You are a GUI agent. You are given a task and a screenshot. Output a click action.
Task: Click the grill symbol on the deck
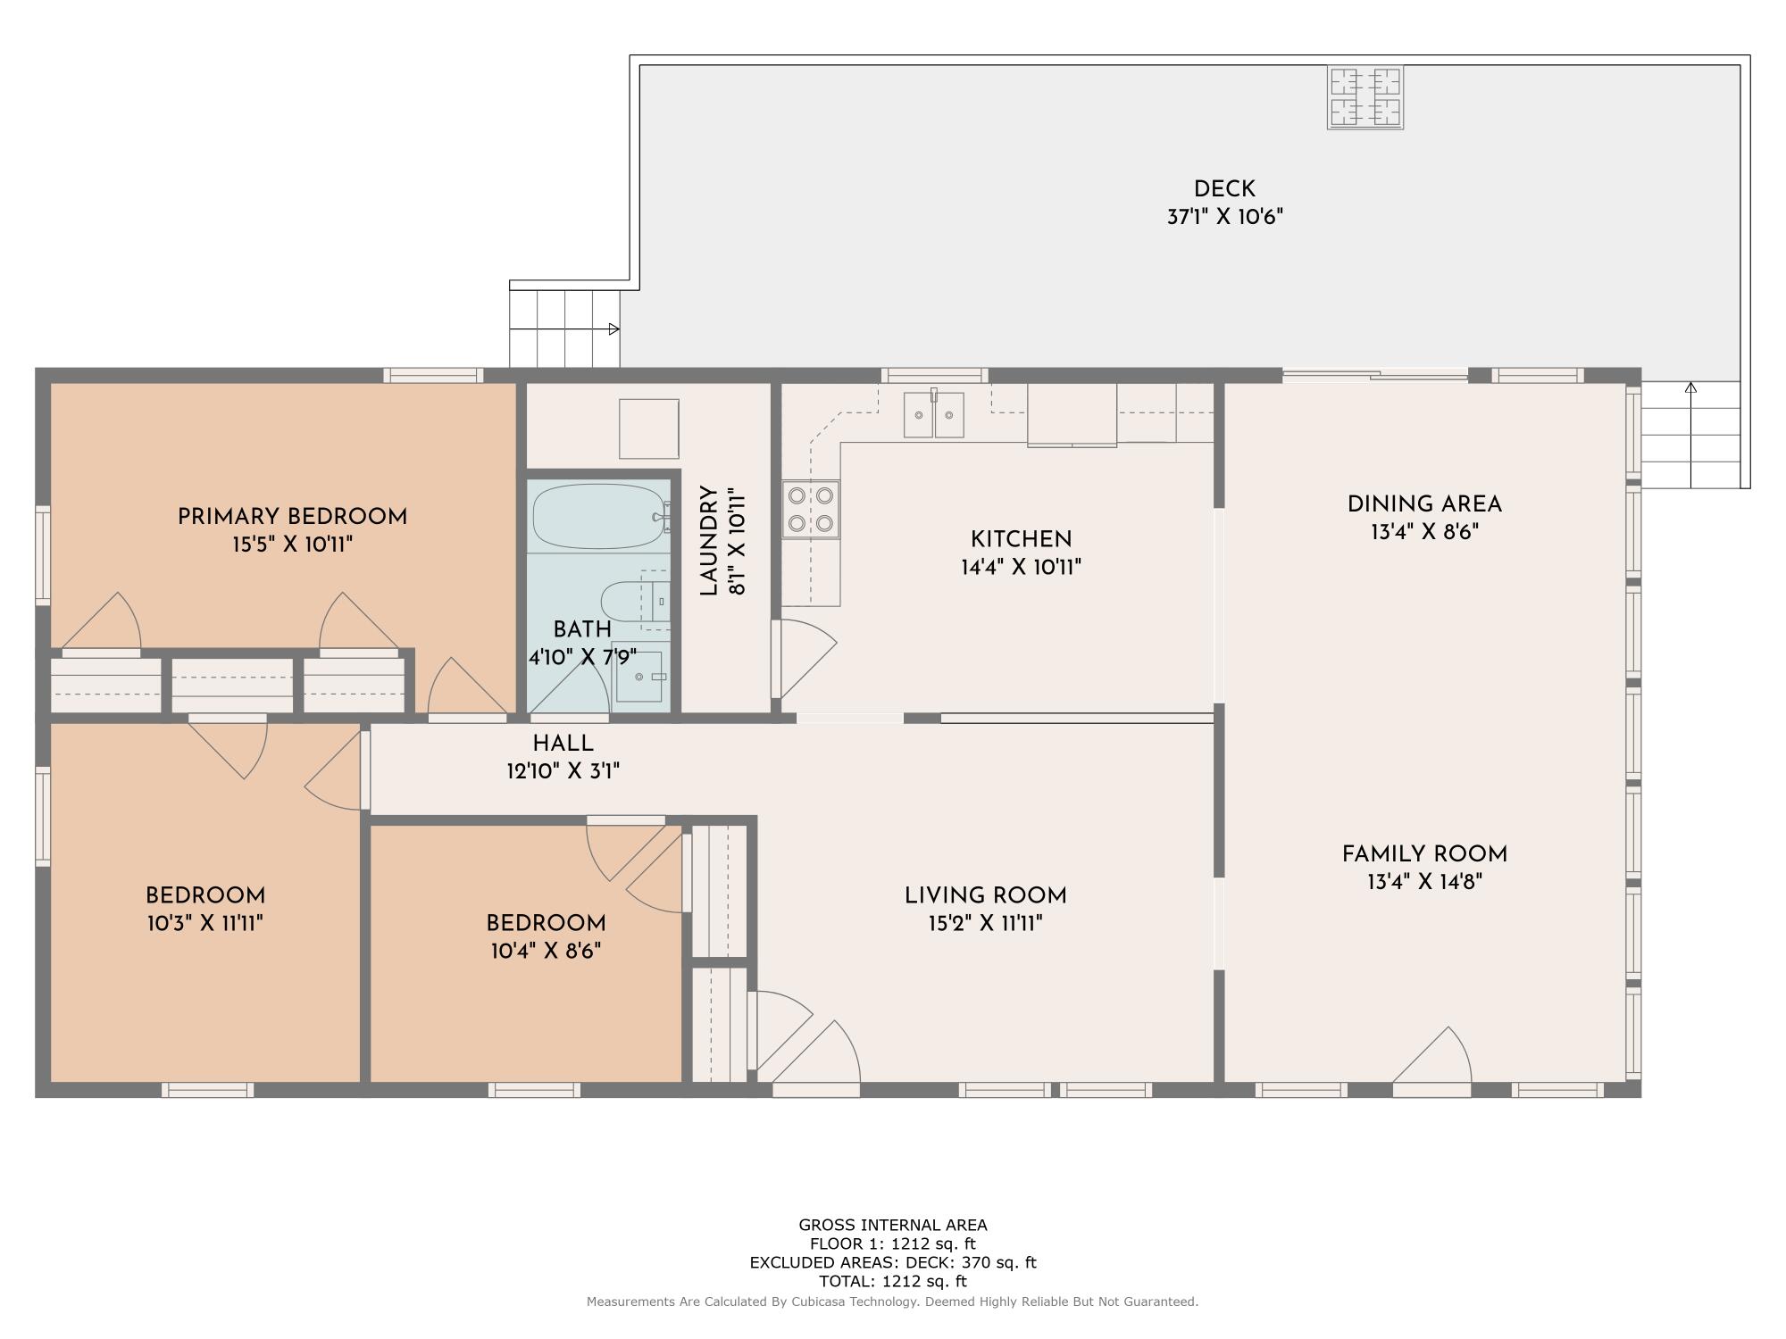[1365, 97]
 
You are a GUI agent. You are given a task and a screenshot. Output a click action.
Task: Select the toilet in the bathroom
[625, 601]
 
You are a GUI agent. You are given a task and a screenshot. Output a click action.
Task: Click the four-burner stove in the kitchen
[811, 509]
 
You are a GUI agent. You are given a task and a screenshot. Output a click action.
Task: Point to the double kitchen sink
[933, 415]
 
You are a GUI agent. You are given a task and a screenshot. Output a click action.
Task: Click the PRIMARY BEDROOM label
[292, 517]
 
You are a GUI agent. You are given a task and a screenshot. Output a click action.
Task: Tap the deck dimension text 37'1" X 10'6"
[1224, 217]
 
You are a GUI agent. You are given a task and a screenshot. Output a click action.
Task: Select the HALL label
[563, 743]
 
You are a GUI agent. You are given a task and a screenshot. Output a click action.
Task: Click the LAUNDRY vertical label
[709, 541]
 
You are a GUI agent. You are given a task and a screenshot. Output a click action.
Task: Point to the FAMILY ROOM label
[1424, 854]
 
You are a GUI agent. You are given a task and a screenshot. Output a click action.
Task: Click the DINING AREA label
[1424, 504]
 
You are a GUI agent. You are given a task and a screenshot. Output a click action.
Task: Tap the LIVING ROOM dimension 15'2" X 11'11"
[985, 923]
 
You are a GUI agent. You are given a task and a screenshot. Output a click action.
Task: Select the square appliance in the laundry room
[649, 428]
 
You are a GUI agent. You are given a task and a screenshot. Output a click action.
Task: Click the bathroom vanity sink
[639, 677]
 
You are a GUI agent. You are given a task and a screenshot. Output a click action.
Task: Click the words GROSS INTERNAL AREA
[892, 1225]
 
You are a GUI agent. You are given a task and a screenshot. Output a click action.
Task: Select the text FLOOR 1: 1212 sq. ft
[892, 1243]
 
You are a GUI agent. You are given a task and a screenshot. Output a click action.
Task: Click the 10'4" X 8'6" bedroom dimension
[546, 952]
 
